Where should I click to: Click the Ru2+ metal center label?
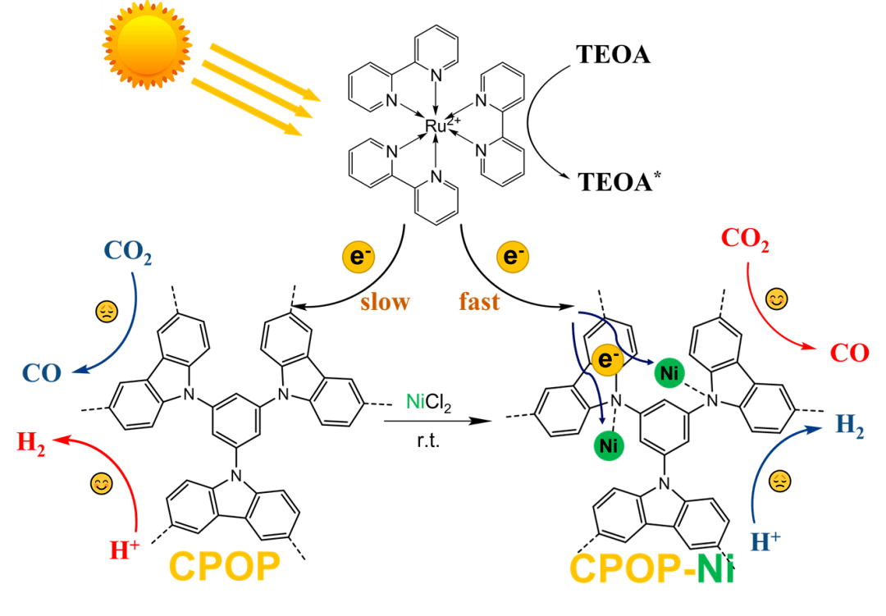(442, 125)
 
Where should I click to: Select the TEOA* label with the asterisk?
(619, 181)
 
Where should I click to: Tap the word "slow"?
(385, 302)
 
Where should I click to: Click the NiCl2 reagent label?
(429, 403)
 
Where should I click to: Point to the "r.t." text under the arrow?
(428, 440)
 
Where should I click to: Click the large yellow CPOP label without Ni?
(224, 566)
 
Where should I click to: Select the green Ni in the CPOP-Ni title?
(715, 568)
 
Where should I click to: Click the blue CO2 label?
(128, 252)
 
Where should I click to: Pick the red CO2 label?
(745, 239)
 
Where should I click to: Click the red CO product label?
(849, 353)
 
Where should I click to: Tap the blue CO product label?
(42, 373)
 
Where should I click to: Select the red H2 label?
(31, 442)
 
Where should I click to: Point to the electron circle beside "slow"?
(359, 257)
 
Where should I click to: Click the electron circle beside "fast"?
(513, 256)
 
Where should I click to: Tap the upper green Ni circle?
(669, 373)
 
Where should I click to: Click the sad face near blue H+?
(780, 481)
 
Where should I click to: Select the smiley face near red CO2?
(776, 299)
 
